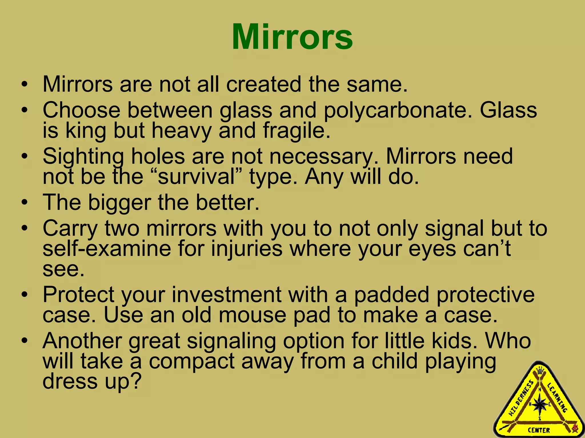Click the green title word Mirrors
(x=292, y=37)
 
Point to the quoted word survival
(x=196, y=177)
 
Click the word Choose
(x=81, y=110)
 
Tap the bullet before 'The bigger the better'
(x=25, y=202)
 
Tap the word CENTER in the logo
(x=539, y=430)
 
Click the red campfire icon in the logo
(x=575, y=427)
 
